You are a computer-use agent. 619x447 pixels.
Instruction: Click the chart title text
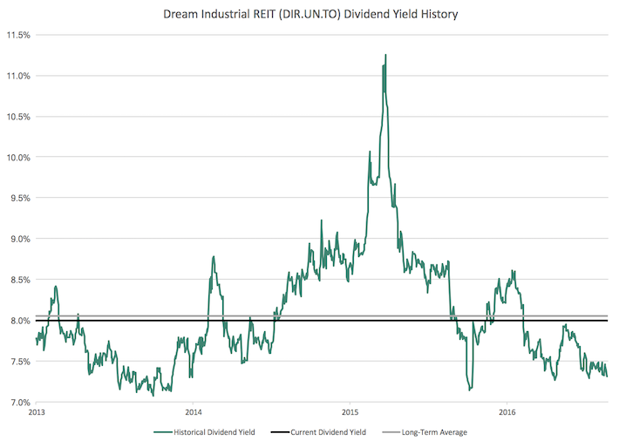[310, 15]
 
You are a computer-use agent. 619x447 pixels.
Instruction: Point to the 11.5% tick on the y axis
[18, 36]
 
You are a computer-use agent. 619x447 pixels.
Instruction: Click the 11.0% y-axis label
[18, 76]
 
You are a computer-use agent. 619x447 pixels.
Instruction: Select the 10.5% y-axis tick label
[18, 117]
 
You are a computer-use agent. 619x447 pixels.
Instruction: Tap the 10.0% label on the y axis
[18, 158]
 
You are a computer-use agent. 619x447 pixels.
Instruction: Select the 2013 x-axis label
[37, 412]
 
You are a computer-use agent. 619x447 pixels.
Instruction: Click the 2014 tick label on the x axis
[194, 412]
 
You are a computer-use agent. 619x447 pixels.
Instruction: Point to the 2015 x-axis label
[350, 412]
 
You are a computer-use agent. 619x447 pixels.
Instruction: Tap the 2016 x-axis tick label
[507, 412]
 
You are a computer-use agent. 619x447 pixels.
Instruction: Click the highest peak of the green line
[385, 55]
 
